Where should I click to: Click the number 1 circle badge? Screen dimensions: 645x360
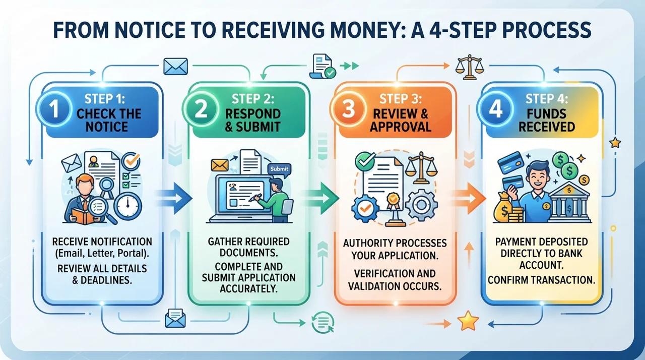tap(54, 109)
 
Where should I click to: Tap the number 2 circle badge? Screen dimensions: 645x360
tap(201, 109)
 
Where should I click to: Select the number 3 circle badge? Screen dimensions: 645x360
tap(348, 109)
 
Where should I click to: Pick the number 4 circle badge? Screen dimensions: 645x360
tap(495, 109)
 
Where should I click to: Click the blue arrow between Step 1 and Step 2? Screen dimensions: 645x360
tap(175, 199)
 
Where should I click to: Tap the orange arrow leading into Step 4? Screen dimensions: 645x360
tap(469, 199)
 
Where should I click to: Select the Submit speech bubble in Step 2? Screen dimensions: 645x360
tap(279, 169)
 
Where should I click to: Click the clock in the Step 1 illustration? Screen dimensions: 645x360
tap(127, 206)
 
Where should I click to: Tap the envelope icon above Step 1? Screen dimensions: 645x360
tap(176, 66)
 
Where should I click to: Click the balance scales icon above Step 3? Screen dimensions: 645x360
tap(470, 67)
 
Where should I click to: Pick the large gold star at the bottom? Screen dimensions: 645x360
tap(468, 321)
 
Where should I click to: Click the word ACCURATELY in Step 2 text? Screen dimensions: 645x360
tap(249, 288)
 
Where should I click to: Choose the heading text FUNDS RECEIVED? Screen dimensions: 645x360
tap(547, 120)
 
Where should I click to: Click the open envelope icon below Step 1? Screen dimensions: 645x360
tap(175, 318)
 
